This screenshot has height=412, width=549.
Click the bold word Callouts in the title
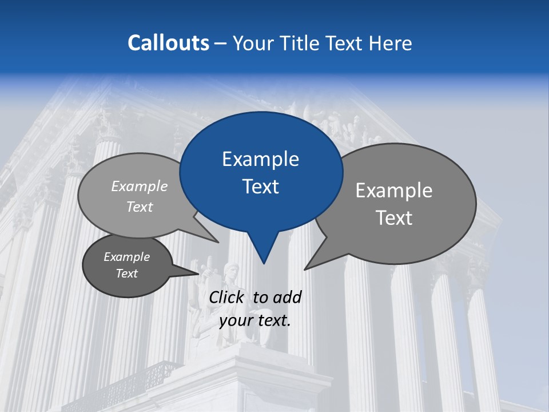[x=169, y=43]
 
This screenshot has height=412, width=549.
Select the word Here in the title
[x=391, y=43]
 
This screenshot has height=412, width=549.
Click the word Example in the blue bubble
[x=260, y=159]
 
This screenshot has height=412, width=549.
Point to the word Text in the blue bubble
[x=260, y=187]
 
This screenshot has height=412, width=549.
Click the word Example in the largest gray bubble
[x=394, y=191]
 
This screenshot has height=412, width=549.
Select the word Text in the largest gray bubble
[x=394, y=218]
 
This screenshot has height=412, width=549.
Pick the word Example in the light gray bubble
[x=140, y=186]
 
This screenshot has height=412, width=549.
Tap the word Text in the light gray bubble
[x=140, y=207]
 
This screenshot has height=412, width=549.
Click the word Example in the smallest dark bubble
[x=126, y=257]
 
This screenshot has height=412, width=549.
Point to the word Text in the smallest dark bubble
[x=126, y=274]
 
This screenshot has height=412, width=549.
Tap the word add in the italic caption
[x=287, y=297]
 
